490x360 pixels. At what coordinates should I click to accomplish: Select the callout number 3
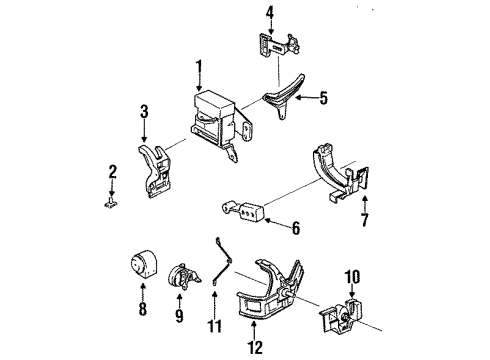[144, 110]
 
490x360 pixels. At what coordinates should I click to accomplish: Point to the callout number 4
[268, 12]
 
